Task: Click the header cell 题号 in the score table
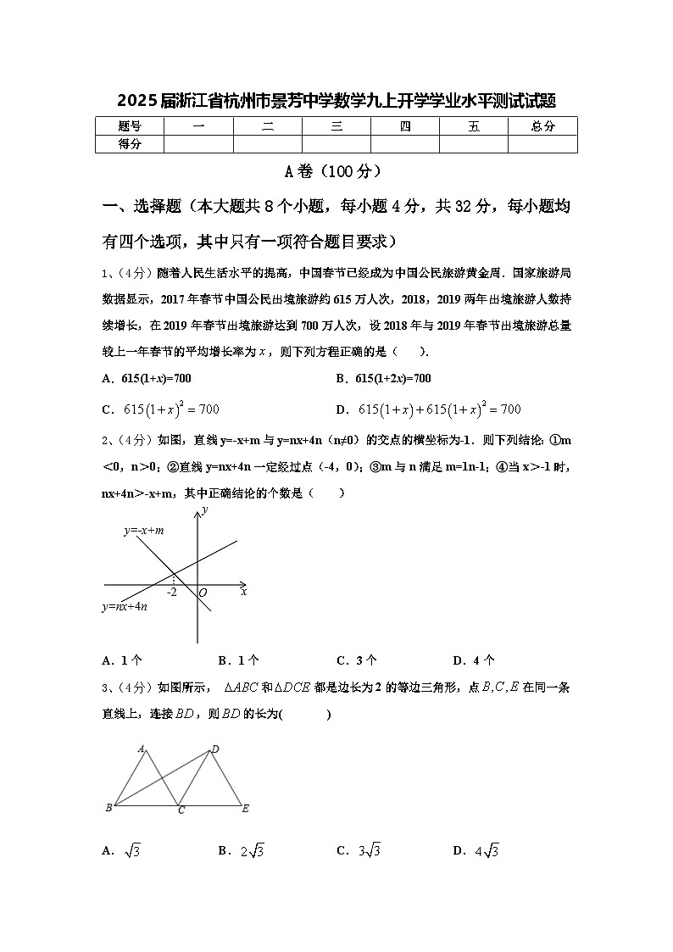130,126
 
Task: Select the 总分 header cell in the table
542,126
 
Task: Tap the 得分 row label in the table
130,144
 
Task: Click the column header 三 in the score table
336,126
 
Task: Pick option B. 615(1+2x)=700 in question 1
383,378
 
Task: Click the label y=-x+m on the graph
143,531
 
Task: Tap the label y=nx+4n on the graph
125,606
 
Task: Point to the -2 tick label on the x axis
172,592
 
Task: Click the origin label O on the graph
203,593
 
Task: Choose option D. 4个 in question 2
474,660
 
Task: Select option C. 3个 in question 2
357,660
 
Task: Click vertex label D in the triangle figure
215,749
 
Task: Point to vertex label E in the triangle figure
245,808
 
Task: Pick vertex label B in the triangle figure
108,808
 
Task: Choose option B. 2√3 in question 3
242,850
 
